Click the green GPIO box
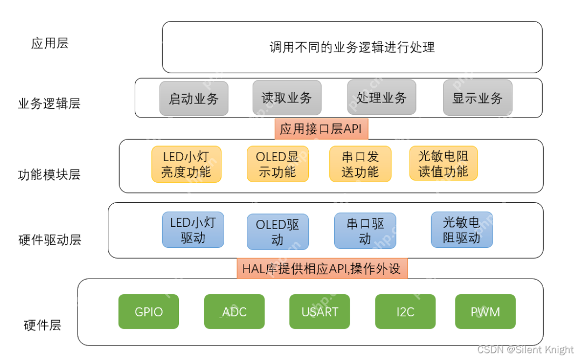pos(148,311)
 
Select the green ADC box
pos(234,311)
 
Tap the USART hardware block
pos(320,311)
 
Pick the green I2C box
pos(405,311)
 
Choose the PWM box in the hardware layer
pos(485,311)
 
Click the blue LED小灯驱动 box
pos(193,230)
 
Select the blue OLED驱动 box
pos(278,232)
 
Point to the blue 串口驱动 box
pos(365,231)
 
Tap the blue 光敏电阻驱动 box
pos(461,230)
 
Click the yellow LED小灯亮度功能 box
pos(186,164)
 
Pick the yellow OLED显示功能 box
pos(278,164)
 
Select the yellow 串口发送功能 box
pos(360,164)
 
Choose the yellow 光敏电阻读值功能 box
pos(444,163)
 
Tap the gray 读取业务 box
pos(287,98)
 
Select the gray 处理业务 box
pos(382,98)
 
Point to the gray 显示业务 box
pos(477,98)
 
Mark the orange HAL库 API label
pos(322,268)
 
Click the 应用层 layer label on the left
pos(50,44)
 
